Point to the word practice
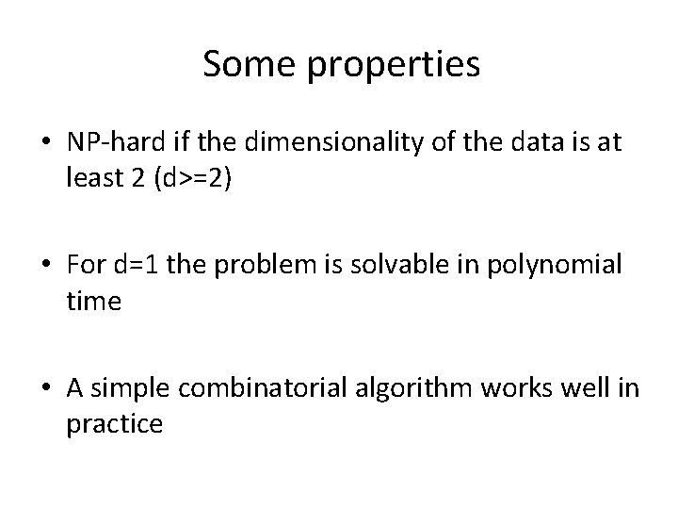[115, 422]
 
